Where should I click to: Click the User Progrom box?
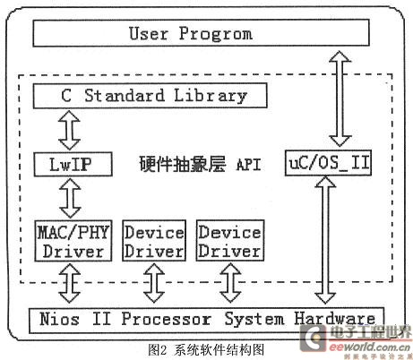[201, 33]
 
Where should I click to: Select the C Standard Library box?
[150, 96]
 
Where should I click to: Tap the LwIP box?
[73, 164]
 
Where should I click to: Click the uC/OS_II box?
[328, 163]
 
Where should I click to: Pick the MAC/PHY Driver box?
[73, 241]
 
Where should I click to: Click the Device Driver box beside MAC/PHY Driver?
[154, 241]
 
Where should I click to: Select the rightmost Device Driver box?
[230, 241]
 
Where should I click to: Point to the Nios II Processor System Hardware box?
[207, 321]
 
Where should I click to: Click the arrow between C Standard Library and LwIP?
[69, 130]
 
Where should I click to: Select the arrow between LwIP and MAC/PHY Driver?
[70, 198]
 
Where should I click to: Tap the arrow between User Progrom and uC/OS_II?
[340, 99]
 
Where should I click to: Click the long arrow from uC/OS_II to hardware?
[325, 240]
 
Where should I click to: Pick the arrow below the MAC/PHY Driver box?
[70, 283]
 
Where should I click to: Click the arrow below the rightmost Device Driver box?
[230, 283]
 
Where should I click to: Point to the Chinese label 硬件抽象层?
[183, 164]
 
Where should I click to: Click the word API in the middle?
[248, 165]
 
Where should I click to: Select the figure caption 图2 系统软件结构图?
[206, 349]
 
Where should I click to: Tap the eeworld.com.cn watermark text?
[370, 347]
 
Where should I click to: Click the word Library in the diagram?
[211, 96]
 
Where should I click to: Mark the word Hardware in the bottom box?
[335, 319]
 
